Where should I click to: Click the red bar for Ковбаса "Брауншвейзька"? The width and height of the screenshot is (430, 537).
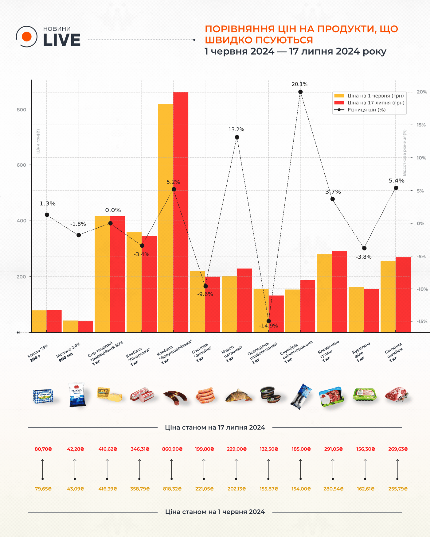pos(181,212)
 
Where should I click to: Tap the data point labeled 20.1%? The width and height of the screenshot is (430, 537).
pos(300,92)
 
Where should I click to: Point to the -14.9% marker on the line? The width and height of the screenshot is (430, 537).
pos(269,321)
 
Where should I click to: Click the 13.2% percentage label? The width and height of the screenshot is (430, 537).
pos(236,129)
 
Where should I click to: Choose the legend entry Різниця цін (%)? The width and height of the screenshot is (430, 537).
pos(366,110)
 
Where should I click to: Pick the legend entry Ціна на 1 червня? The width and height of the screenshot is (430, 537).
pos(375,96)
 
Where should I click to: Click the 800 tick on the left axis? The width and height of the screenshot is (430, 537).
pos(21,109)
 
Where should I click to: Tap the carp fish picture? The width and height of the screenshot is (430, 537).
pos(238,396)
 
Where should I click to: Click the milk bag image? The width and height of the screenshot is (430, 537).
pos(76,395)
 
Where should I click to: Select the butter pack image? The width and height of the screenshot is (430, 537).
pos(43,396)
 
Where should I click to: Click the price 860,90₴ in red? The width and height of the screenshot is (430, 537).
pos(172,449)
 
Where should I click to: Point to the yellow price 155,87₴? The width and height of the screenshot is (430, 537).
pos(269,489)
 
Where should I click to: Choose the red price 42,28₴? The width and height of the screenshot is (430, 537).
pos(75,449)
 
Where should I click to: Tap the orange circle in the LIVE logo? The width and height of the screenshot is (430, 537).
pos(27,37)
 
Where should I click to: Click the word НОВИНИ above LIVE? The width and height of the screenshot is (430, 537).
pos(57,29)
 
